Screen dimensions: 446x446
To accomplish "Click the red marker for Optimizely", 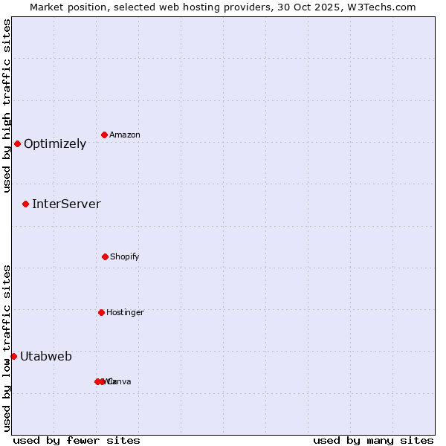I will coord(17,143).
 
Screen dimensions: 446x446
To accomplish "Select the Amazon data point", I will coord(105,135).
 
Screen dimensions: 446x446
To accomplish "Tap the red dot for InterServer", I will coord(25,204).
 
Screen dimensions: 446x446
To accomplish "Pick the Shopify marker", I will coord(105,256).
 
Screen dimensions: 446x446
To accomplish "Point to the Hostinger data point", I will coord(101,312).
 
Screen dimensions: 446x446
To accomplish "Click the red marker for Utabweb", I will coord(13,356).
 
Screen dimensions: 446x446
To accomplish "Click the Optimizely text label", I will coord(55,144).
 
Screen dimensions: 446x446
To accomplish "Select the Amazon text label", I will coord(125,135).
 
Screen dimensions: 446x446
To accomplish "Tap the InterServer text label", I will coord(66,204).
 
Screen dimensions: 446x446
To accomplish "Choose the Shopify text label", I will coord(125,257).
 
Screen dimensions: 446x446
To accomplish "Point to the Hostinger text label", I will coord(125,313).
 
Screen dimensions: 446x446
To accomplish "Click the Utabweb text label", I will coord(46,357).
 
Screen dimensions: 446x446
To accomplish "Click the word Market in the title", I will coord(48,7).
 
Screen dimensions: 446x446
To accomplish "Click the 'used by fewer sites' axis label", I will coord(77,440).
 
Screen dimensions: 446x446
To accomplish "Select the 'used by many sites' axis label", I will coord(373,440).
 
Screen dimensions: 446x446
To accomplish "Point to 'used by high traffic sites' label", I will coord(7,106).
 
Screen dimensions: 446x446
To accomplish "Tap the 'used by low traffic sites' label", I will coord(7,348).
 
